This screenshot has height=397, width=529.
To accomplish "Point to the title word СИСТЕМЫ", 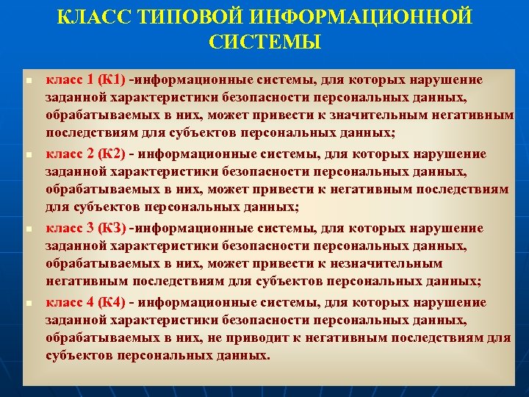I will [x=264, y=42].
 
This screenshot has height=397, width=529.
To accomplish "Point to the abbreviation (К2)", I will [x=112, y=154].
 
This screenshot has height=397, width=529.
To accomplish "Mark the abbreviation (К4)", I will [x=112, y=302].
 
